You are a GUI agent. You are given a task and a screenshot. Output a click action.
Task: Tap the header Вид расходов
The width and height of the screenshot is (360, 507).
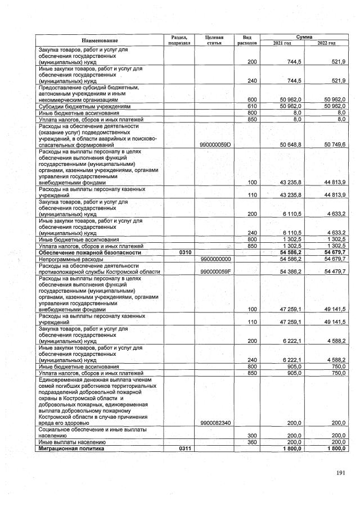point(247,39)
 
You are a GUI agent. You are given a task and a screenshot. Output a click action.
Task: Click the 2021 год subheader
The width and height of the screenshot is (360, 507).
point(281,43)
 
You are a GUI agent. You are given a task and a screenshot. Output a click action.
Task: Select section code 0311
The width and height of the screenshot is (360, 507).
point(185,449)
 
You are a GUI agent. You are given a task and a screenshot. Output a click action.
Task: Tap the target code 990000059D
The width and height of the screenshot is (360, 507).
point(217,144)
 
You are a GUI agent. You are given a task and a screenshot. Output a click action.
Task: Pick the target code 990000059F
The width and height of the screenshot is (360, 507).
point(217,272)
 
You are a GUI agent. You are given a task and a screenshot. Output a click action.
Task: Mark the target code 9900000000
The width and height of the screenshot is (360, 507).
point(217,260)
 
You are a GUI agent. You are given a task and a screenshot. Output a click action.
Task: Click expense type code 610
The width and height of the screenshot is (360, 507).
point(252,106)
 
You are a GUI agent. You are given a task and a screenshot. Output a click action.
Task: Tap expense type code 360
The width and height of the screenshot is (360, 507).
point(252,442)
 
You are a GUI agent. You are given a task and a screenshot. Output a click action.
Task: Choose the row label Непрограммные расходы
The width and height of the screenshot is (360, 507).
point(71,260)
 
